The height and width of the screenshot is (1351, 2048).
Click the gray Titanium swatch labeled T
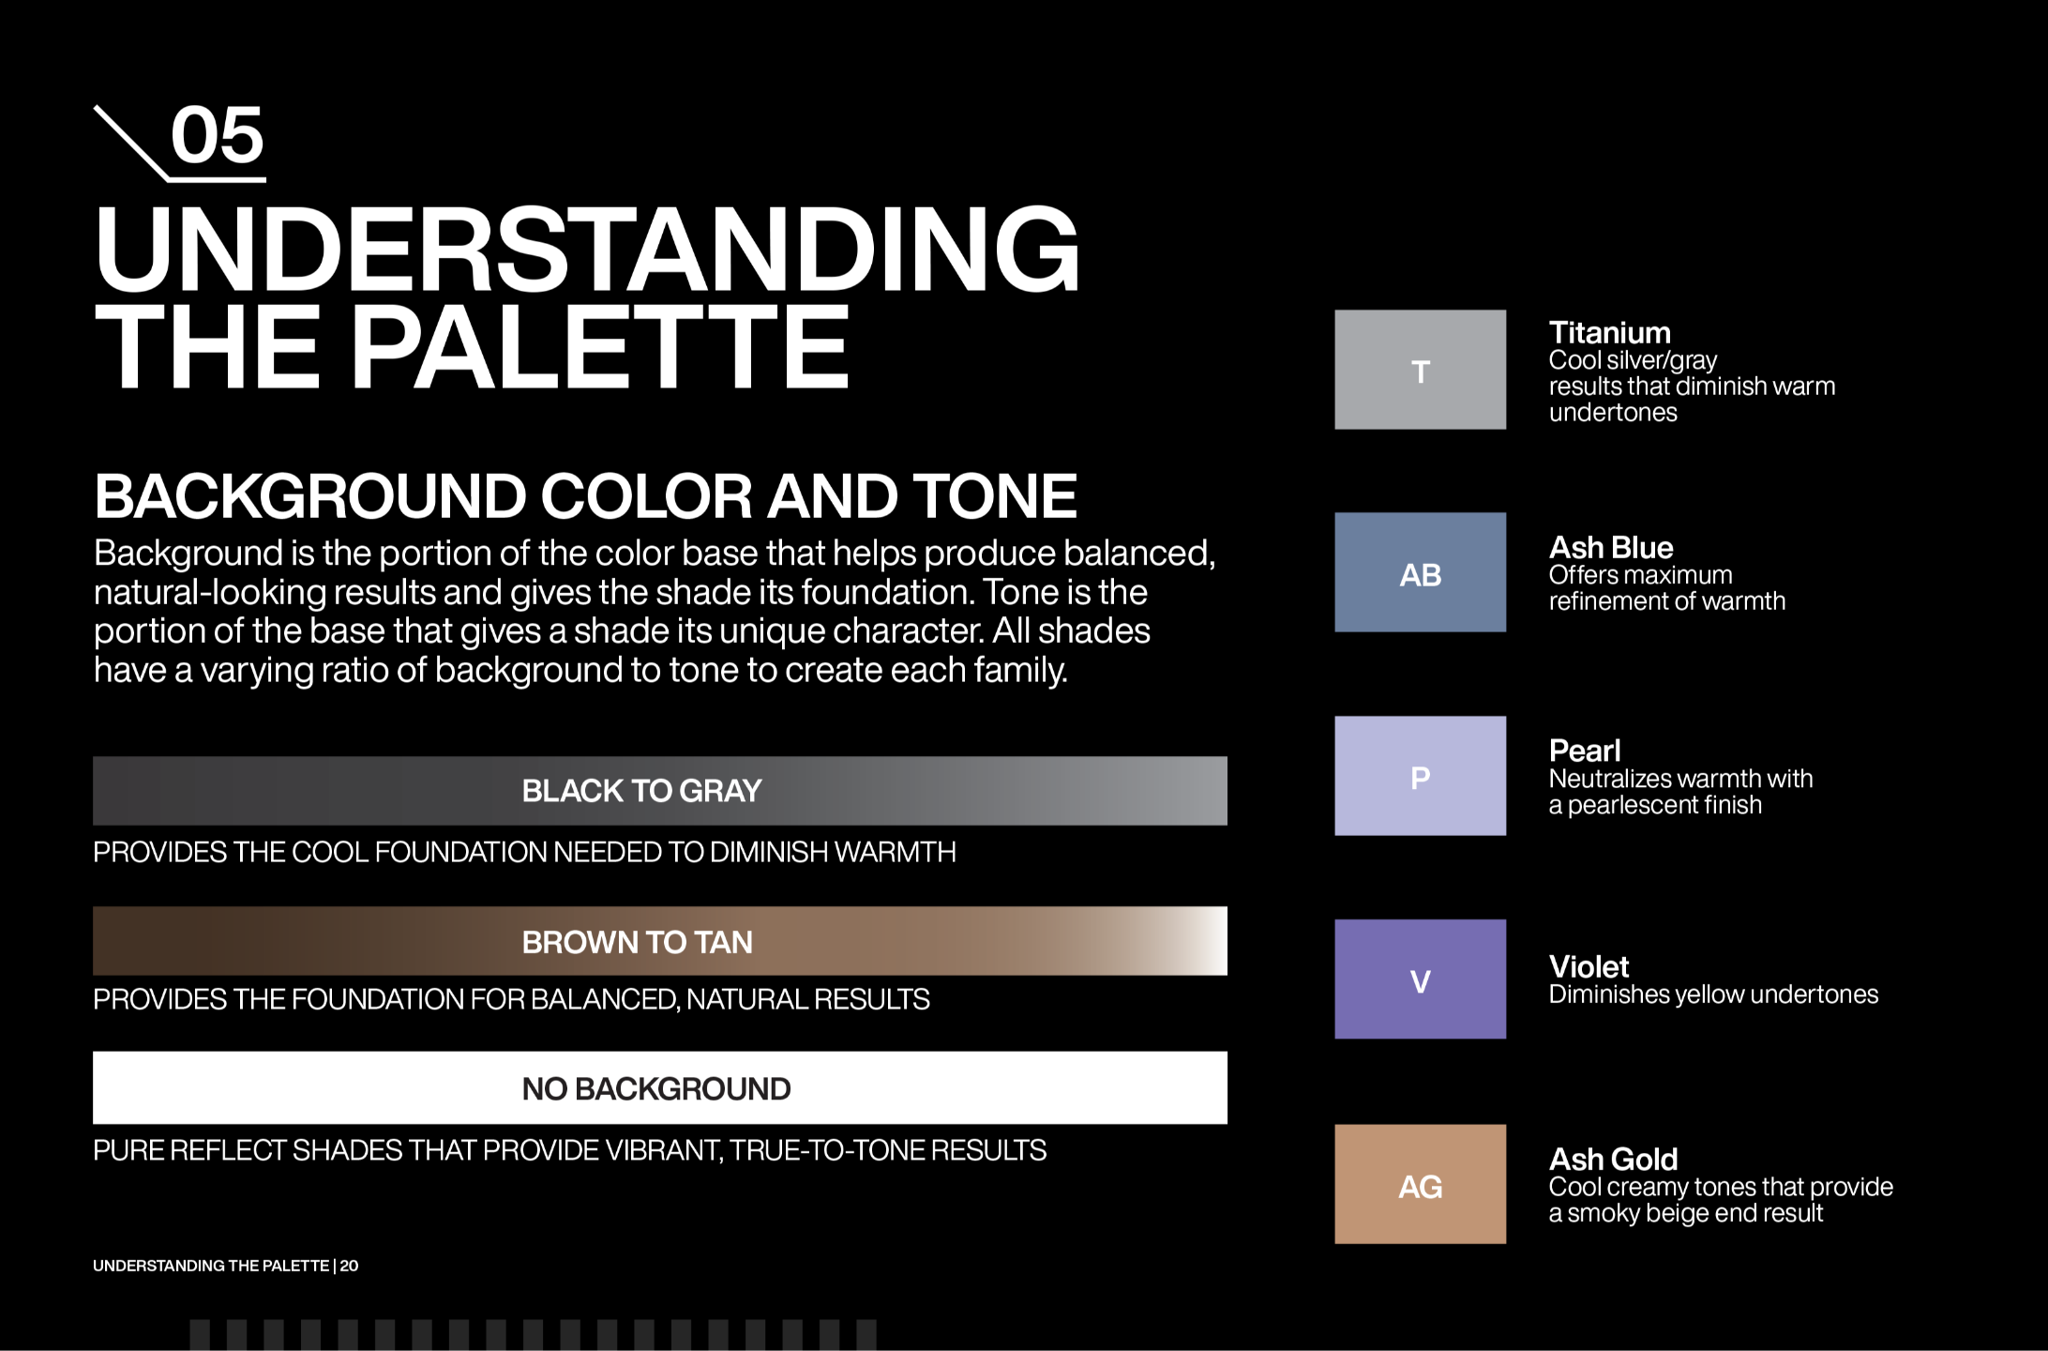point(1420,370)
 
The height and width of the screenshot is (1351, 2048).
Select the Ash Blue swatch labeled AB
point(1420,572)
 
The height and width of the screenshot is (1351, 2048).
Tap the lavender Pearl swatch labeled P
point(1420,776)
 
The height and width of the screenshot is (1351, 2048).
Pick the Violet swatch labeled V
point(1420,979)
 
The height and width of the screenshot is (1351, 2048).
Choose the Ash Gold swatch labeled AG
point(1420,1184)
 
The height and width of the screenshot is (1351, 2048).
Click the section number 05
point(218,136)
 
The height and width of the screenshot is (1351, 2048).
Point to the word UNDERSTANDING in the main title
point(587,250)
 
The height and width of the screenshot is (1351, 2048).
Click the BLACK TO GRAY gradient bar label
point(641,791)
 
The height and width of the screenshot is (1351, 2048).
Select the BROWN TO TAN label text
point(638,942)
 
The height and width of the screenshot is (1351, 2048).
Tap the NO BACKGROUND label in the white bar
point(656,1088)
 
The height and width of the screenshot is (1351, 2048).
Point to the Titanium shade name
point(1609,333)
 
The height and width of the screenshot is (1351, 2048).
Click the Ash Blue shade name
point(1611,547)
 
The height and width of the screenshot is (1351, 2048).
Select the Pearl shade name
point(1585,751)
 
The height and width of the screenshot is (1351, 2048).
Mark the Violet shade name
point(1589,966)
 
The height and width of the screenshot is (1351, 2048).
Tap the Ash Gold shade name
point(1613,1160)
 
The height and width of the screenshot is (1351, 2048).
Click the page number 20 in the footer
point(349,1266)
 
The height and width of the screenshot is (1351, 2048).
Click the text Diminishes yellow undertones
point(1713,994)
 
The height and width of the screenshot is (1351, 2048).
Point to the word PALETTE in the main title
point(600,347)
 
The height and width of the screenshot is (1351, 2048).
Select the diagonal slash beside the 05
point(131,143)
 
